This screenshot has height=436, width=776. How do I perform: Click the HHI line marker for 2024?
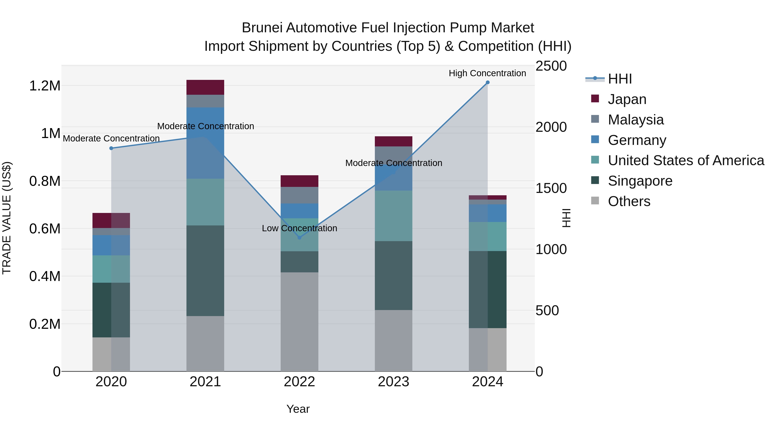(x=488, y=82)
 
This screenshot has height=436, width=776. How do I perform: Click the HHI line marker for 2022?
(x=299, y=238)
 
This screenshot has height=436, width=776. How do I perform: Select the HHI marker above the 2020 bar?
(x=111, y=148)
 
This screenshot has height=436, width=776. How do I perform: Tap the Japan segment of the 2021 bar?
(x=205, y=87)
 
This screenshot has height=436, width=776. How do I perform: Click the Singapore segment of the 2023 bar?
(x=393, y=275)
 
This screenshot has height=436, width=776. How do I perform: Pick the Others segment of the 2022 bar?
(x=299, y=322)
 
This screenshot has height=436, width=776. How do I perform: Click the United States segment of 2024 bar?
(x=488, y=236)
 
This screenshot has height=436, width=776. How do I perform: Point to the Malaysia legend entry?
(x=636, y=120)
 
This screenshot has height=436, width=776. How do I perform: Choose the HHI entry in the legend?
(x=620, y=79)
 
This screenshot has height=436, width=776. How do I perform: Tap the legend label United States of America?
(x=686, y=161)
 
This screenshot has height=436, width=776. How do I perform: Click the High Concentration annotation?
(x=487, y=73)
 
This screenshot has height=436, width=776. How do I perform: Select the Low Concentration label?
(x=299, y=228)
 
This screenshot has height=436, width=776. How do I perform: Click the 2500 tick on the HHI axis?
(x=551, y=66)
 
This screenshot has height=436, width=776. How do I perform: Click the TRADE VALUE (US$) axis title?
(x=7, y=218)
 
